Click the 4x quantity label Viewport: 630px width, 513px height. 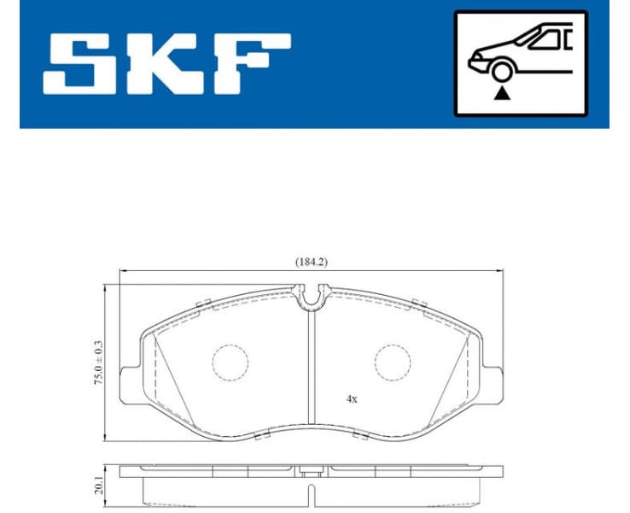(x=351, y=398)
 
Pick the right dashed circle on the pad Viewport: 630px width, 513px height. (x=392, y=362)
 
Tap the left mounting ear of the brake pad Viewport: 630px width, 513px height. (x=129, y=380)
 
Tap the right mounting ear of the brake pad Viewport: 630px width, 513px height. (x=493, y=380)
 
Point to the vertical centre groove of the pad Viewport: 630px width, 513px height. (x=311, y=368)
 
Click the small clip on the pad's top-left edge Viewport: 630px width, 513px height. (x=203, y=303)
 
